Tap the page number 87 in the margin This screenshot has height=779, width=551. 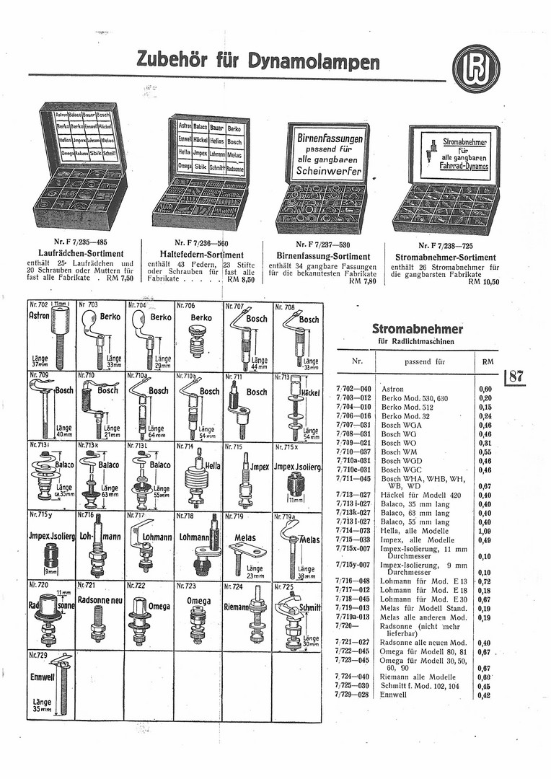coord(516,376)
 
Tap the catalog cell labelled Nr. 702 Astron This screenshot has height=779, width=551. coord(51,336)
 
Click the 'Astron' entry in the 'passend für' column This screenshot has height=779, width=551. coord(392,388)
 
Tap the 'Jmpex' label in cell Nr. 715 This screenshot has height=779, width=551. coord(259,467)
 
